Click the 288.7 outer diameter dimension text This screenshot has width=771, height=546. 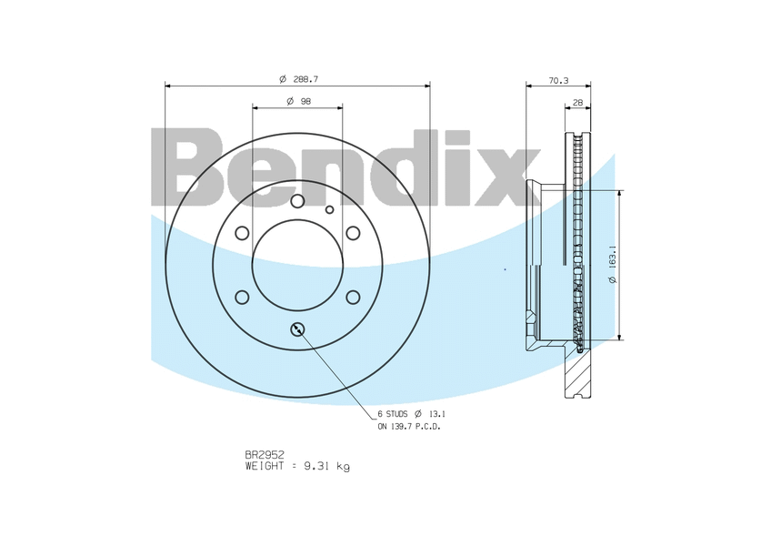pos(305,79)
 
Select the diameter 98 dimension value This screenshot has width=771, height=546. pos(305,101)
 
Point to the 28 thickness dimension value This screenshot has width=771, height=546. pos(578,103)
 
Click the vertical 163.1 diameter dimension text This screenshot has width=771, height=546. pos(614,265)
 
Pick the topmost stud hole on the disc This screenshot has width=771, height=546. pos(297,201)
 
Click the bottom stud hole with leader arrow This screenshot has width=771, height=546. pos(297,329)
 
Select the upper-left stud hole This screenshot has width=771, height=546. pos(242,233)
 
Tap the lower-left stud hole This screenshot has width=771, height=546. pos(242,297)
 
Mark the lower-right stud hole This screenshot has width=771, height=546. pos(353,297)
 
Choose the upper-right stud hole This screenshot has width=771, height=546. pos(353,233)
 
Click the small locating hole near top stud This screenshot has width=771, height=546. pos(330,209)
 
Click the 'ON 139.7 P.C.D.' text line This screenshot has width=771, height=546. pos(409,426)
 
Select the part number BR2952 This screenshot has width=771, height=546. pos(265,453)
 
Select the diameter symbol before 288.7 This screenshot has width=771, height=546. pos(283,79)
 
